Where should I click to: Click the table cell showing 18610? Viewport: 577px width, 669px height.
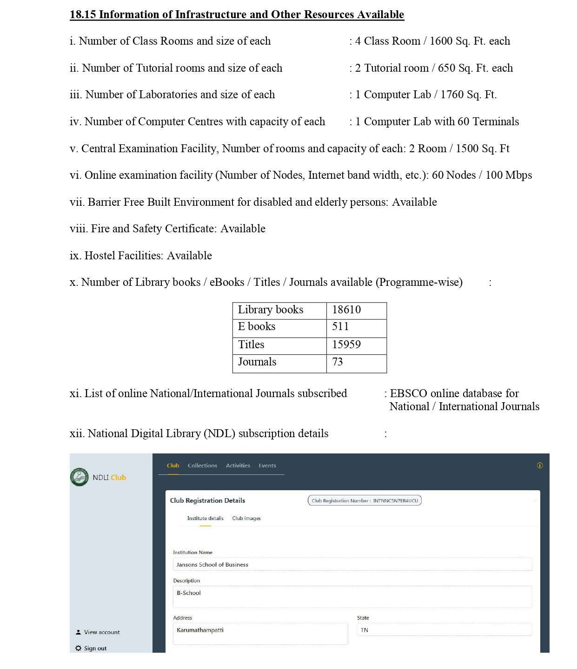point(356,310)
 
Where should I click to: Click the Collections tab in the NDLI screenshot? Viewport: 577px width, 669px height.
point(202,466)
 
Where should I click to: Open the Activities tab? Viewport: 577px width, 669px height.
point(238,466)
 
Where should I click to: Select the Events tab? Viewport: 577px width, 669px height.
point(267,466)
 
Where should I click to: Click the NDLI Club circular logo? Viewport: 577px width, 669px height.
point(80,477)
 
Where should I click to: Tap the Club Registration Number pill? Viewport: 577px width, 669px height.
point(365,500)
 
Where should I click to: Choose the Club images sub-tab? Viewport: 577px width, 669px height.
point(246,518)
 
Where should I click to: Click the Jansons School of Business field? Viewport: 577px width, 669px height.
point(352,565)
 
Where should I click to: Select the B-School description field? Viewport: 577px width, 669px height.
point(352,596)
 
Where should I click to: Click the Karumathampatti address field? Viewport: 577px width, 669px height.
point(260,634)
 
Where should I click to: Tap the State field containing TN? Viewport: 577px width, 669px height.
point(444,630)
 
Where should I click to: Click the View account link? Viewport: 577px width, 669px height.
point(101,632)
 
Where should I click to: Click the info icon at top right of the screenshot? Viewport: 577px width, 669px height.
point(540,466)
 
